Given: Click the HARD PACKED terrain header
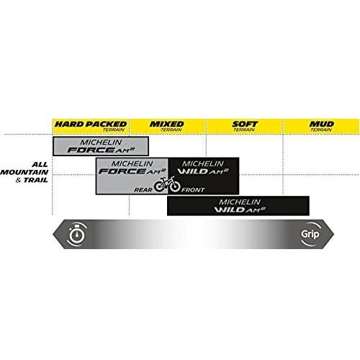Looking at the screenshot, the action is [x=91, y=126].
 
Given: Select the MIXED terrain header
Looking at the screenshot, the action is [x=168, y=126].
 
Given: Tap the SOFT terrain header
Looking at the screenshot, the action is [x=245, y=126].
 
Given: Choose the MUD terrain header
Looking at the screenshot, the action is [x=322, y=126].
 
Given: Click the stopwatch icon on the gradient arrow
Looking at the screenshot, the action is [x=77, y=234].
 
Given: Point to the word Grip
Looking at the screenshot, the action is [x=310, y=234].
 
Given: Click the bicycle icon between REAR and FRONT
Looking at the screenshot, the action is [x=167, y=184].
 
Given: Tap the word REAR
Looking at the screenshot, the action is [x=143, y=190].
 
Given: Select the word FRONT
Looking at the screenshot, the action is [x=193, y=190].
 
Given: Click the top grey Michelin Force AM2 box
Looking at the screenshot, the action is [x=101, y=146].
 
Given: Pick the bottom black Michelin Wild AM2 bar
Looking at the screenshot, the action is [x=238, y=206].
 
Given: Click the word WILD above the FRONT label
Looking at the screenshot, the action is [x=192, y=171].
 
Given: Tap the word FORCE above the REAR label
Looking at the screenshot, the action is [x=122, y=171].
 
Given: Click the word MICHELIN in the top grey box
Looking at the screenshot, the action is [x=101, y=143].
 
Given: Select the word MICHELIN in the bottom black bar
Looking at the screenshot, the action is [x=240, y=202].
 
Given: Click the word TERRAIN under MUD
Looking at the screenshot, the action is [x=321, y=130].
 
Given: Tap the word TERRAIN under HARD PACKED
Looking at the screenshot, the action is [x=114, y=130].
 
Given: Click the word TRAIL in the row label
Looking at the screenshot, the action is [x=36, y=180].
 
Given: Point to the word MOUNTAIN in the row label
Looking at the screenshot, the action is [x=24, y=172].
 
